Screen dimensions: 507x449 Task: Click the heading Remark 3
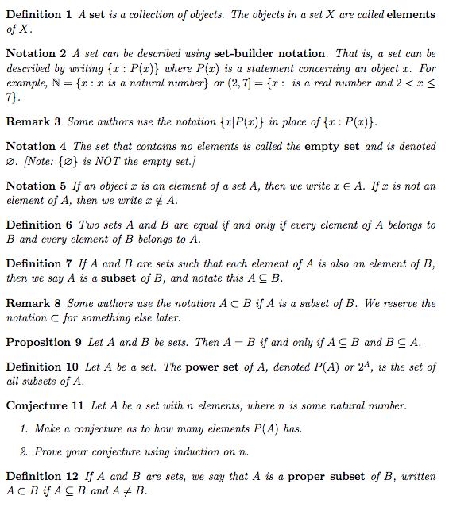point(33,122)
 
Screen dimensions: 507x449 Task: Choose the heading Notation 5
point(36,186)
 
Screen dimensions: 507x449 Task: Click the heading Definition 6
point(40,225)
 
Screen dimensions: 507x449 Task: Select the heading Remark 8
point(33,303)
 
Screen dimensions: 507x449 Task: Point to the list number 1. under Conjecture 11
point(25,429)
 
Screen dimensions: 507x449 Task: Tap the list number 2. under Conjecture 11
point(25,452)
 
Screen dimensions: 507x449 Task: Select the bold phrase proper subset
point(327,477)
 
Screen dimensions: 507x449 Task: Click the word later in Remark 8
point(165,317)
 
